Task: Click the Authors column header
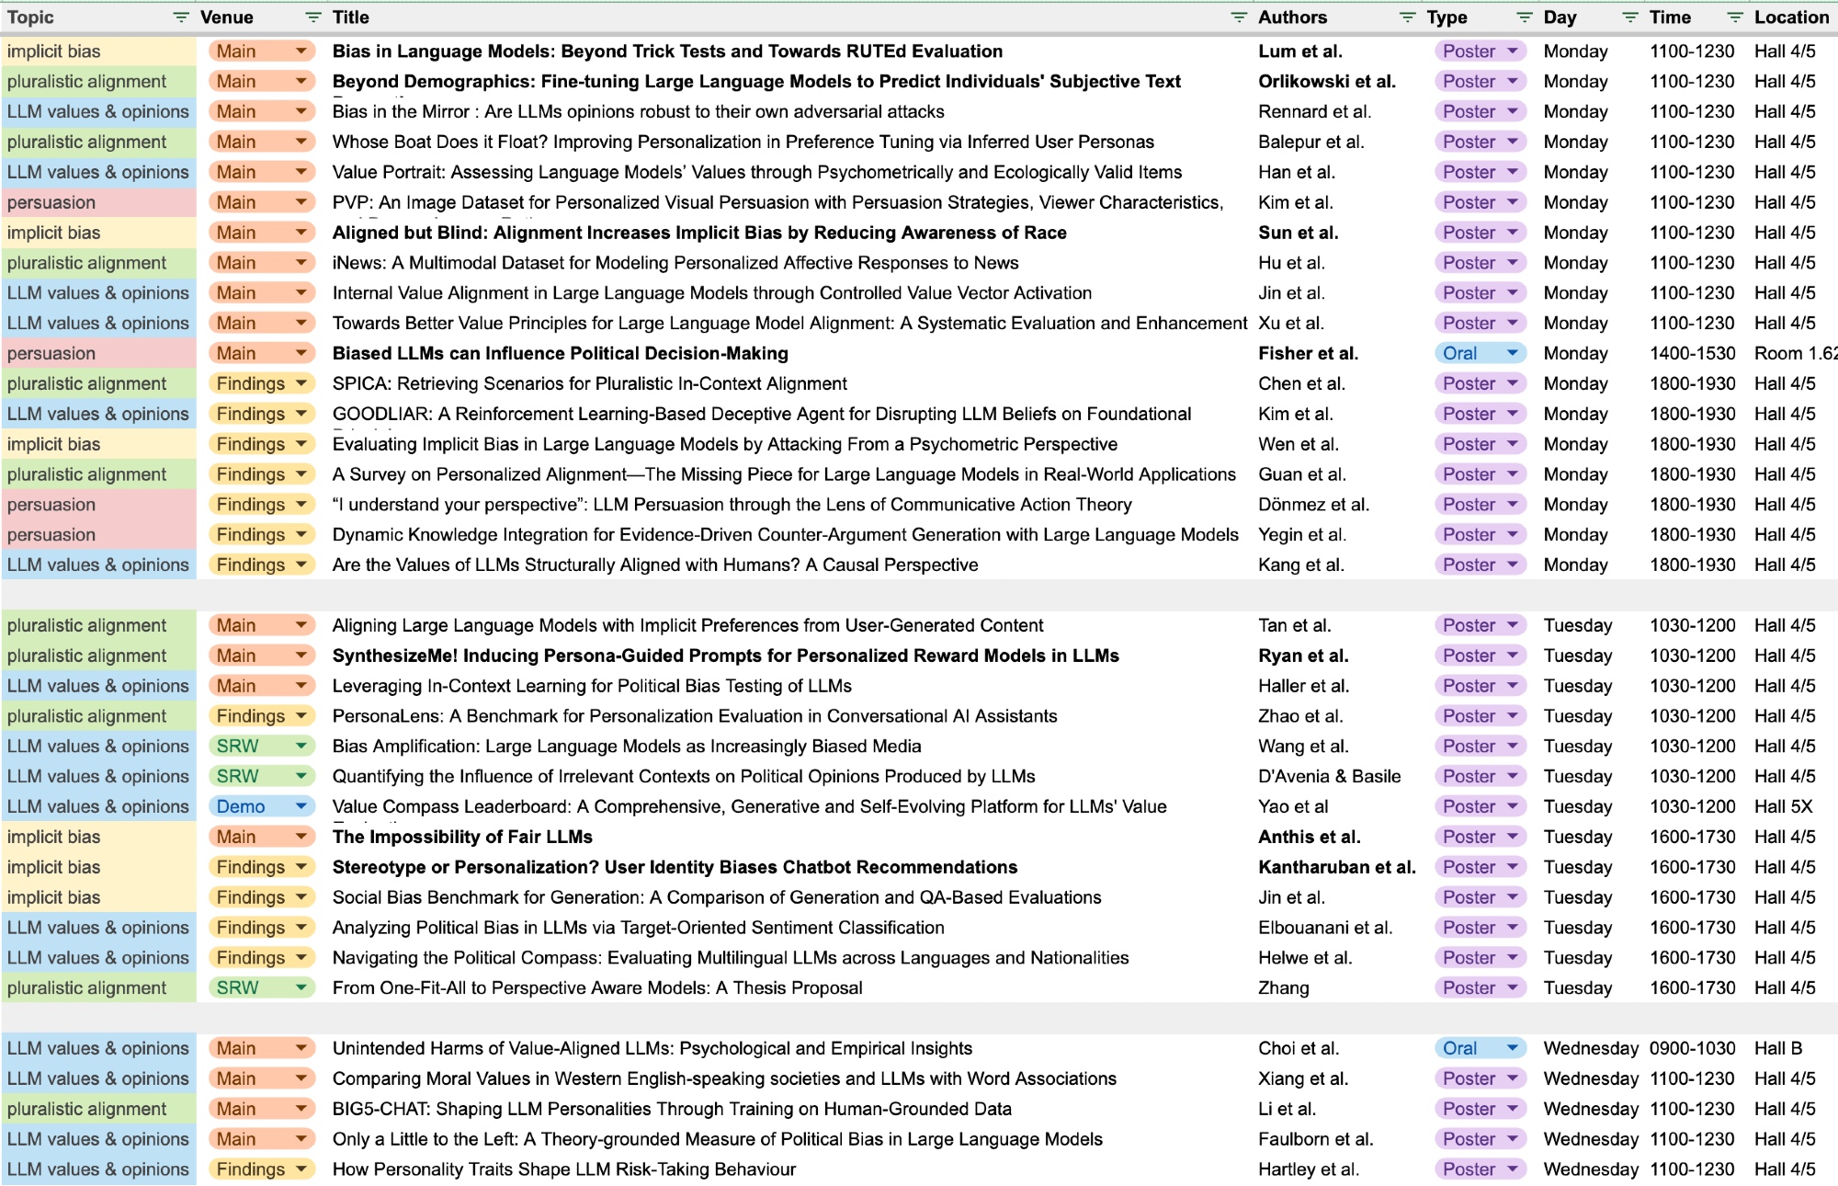point(1292,17)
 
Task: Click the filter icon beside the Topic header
point(181,17)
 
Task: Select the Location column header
point(1790,17)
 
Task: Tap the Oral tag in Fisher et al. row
point(1460,353)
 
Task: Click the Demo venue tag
point(241,806)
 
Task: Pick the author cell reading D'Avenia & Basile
point(1329,776)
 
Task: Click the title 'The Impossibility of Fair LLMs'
point(462,837)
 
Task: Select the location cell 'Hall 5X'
point(1783,806)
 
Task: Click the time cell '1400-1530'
point(1692,353)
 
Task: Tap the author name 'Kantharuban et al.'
point(1336,867)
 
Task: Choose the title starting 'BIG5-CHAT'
point(672,1109)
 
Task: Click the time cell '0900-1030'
point(1692,1048)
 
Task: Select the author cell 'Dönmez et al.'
point(1313,505)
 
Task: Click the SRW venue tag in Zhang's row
point(238,987)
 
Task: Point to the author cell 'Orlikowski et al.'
point(1326,81)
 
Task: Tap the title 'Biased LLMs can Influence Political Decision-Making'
point(561,353)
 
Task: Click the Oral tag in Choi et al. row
point(1460,1048)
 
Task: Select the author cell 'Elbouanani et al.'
point(1324,928)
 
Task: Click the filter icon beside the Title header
point(1239,17)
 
